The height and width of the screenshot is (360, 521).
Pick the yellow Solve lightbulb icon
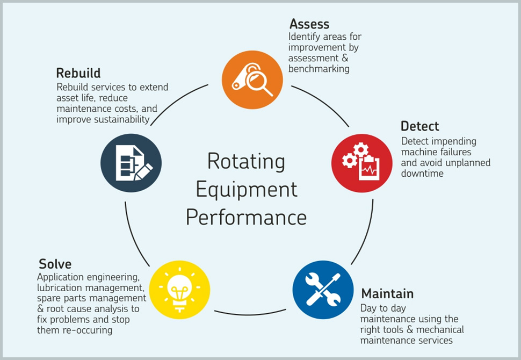tap(179, 291)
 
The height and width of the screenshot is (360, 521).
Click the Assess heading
tap(309, 24)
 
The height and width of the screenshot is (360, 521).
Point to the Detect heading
tap(419, 126)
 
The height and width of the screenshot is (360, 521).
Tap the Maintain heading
tap(387, 294)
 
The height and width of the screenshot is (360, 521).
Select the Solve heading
tap(55, 264)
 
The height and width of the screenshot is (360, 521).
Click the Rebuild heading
tap(78, 73)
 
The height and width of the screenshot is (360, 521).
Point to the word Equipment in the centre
tap(246, 189)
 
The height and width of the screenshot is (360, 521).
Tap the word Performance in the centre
tap(246, 218)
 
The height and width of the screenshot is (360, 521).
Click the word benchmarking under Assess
tap(319, 69)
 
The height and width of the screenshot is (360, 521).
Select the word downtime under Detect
tap(422, 174)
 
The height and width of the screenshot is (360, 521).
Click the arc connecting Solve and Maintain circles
tap(250, 313)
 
